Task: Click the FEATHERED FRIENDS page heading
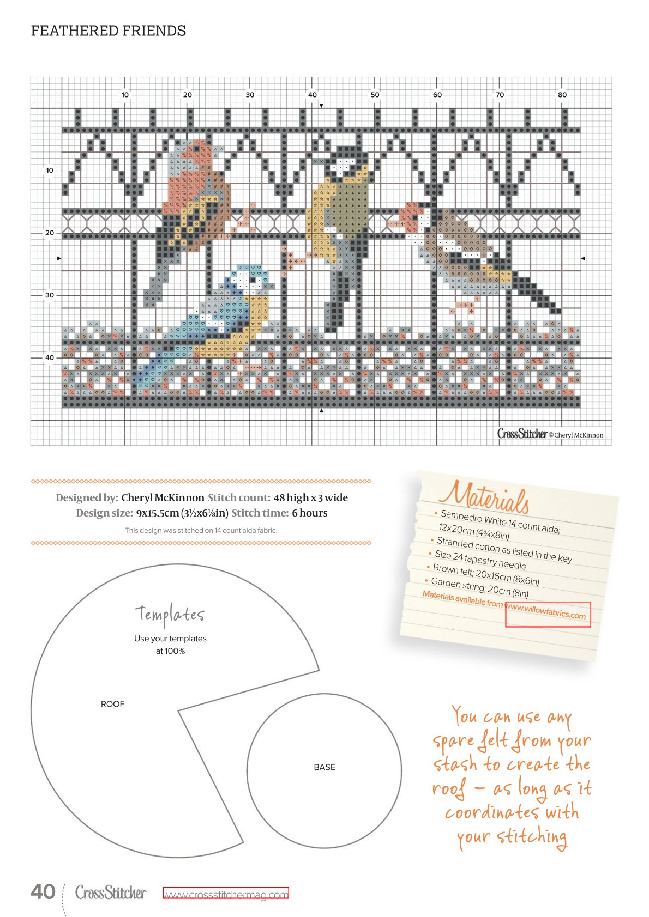pyautogui.click(x=109, y=31)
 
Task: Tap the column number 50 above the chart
pyautogui.click(x=375, y=95)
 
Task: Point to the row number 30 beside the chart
pyautogui.click(x=50, y=295)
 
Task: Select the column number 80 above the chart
pyautogui.click(x=562, y=95)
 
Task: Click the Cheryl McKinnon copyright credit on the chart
pyautogui.click(x=576, y=435)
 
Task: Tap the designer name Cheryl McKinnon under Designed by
pyautogui.click(x=163, y=497)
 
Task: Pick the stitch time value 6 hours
pyautogui.click(x=310, y=513)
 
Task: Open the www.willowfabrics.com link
pyautogui.click(x=546, y=612)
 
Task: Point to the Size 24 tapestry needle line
pyautogui.click(x=480, y=560)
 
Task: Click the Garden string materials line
pyautogui.click(x=479, y=587)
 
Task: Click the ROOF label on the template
pyautogui.click(x=113, y=704)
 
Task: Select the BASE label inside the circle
pyautogui.click(x=324, y=767)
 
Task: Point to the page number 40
pyautogui.click(x=43, y=891)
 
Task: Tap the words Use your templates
pyautogui.click(x=171, y=639)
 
